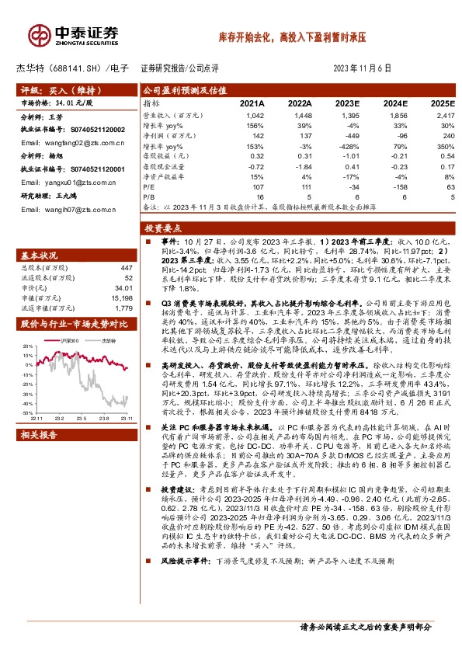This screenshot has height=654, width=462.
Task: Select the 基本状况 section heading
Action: click(38, 255)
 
